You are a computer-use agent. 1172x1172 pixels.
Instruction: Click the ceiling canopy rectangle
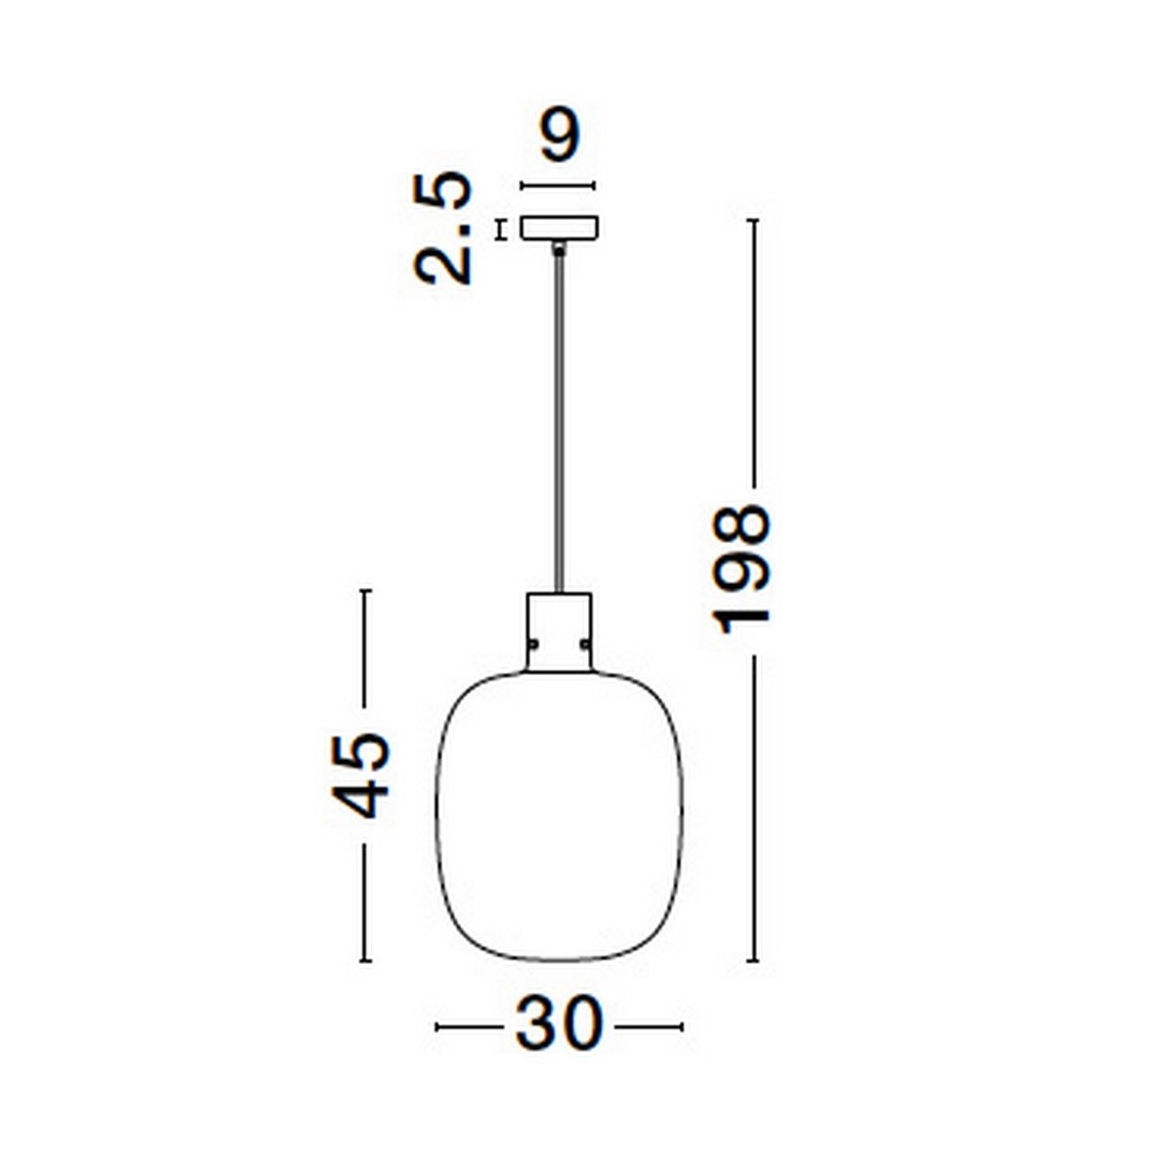[559, 228]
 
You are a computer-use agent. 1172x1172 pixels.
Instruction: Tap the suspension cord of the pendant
[559, 420]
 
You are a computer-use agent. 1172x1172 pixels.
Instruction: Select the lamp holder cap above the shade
[559, 630]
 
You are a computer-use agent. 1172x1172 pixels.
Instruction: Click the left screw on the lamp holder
[533, 644]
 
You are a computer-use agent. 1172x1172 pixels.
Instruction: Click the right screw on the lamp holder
[584, 644]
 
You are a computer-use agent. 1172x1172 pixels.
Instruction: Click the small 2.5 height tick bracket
[502, 229]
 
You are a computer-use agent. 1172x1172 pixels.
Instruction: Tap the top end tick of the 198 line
[753, 222]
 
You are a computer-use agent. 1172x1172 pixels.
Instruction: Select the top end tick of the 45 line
[365, 591]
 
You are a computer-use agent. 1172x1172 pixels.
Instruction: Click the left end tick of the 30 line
[437, 1026]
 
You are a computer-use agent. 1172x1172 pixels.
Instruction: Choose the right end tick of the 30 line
[682, 1026]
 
